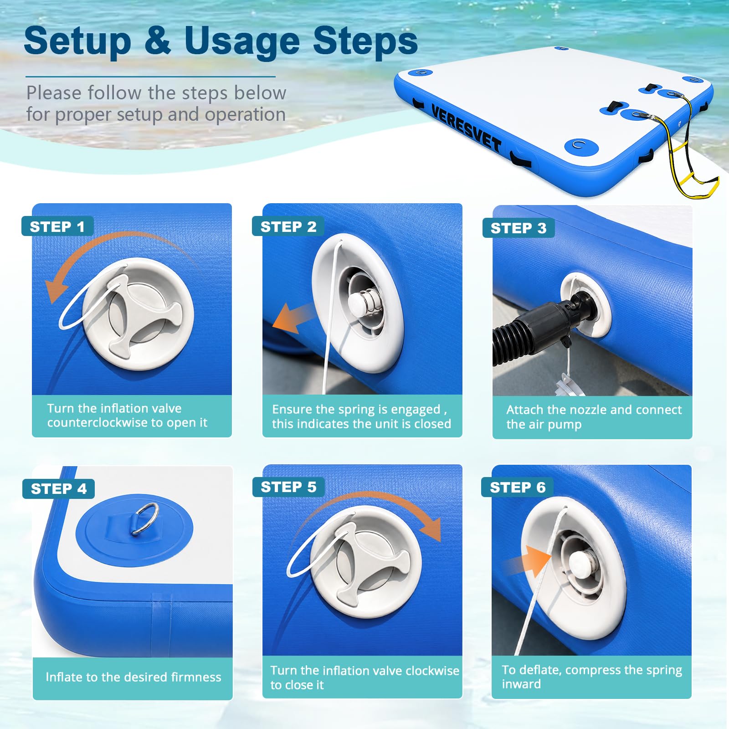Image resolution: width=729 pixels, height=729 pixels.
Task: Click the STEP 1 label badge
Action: (57, 226)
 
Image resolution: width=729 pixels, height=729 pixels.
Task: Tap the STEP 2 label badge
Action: (288, 226)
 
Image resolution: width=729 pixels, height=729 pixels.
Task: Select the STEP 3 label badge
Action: (519, 228)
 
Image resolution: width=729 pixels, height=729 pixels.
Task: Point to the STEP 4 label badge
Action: (58, 489)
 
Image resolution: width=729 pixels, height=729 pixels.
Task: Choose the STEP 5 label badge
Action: (288, 487)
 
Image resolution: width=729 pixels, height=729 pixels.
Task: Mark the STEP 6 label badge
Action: (518, 488)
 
